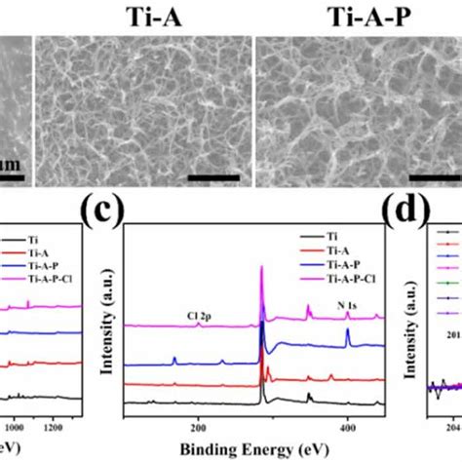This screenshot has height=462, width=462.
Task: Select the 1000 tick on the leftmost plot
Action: coord(15,426)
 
